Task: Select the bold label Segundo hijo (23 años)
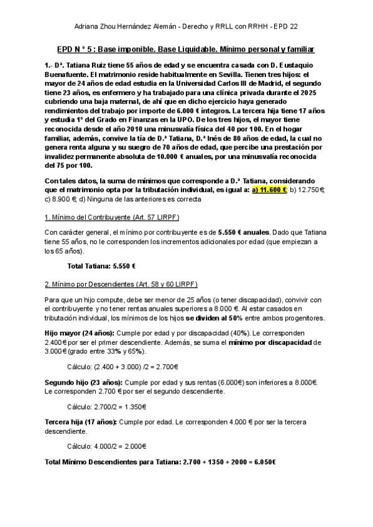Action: [x=84, y=381]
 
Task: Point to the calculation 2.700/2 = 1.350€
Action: [x=106, y=406]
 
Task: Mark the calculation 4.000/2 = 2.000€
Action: [x=106, y=446]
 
